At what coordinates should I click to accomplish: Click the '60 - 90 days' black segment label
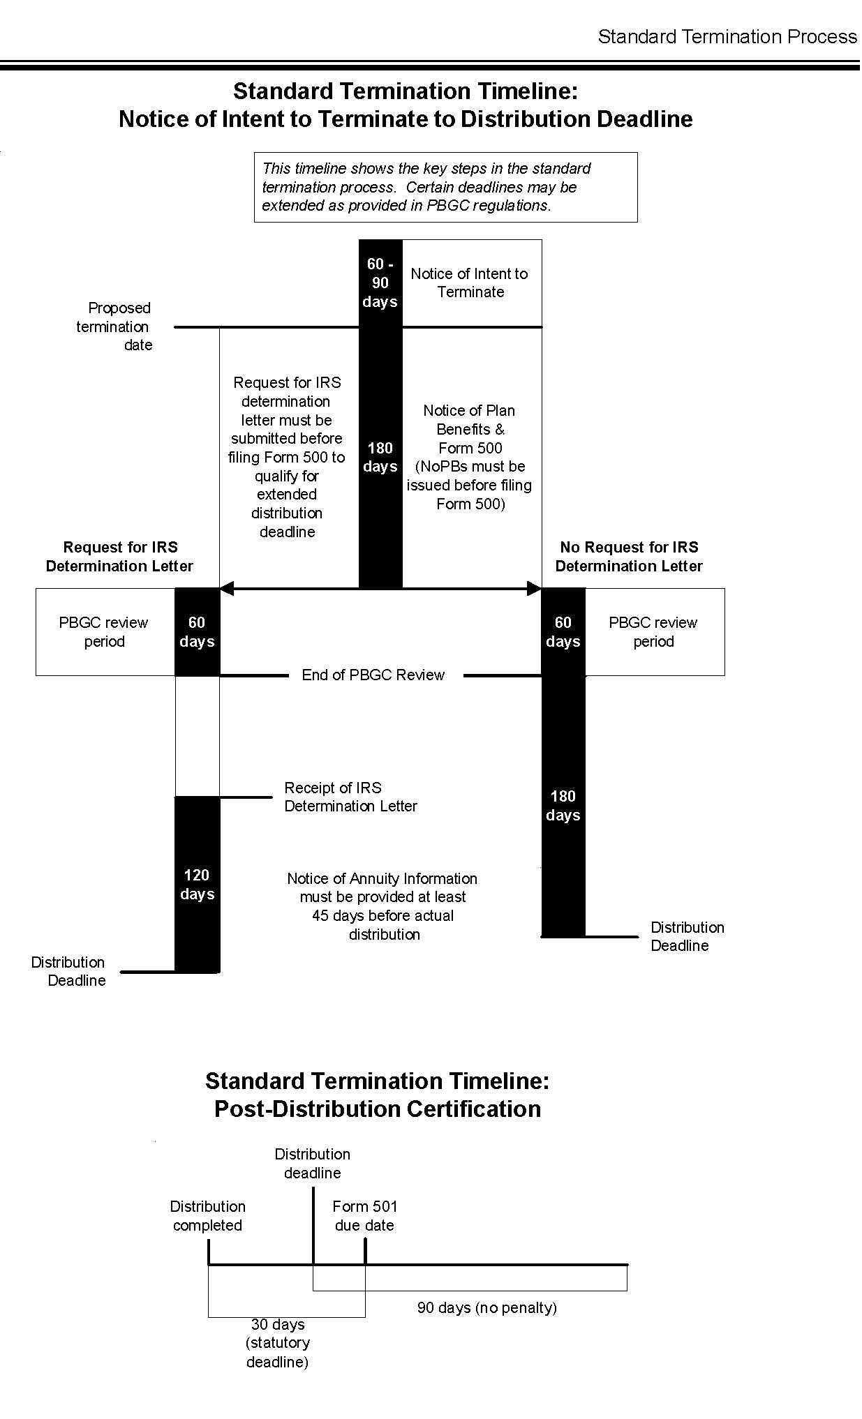pyautogui.click(x=380, y=283)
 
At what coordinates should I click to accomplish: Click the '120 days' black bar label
pyautogui.click(x=197, y=884)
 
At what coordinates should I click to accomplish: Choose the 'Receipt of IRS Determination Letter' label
pyautogui.click(x=350, y=797)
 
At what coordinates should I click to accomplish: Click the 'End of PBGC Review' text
pyautogui.click(x=373, y=675)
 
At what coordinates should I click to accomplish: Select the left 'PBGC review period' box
pyautogui.click(x=104, y=631)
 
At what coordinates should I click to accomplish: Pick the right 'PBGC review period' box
pyautogui.click(x=653, y=631)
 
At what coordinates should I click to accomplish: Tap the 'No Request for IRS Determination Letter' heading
pyautogui.click(x=629, y=557)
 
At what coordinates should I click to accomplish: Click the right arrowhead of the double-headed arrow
pyautogui.click(x=534, y=589)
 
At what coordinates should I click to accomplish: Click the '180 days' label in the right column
pyautogui.click(x=563, y=805)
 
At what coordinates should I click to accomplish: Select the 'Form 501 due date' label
pyautogui.click(x=364, y=1215)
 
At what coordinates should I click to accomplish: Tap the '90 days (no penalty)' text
pyautogui.click(x=486, y=1307)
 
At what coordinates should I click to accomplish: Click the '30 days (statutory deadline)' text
pyautogui.click(x=278, y=1342)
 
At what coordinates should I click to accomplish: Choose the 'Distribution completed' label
pyautogui.click(x=207, y=1215)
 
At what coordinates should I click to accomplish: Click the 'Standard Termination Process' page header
pyautogui.click(x=727, y=37)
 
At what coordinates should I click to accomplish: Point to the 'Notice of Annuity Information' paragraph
pyautogui.click(x=383, y=906)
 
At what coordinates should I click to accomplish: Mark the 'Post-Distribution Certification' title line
pyautogui.click(x=377, y=1109)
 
